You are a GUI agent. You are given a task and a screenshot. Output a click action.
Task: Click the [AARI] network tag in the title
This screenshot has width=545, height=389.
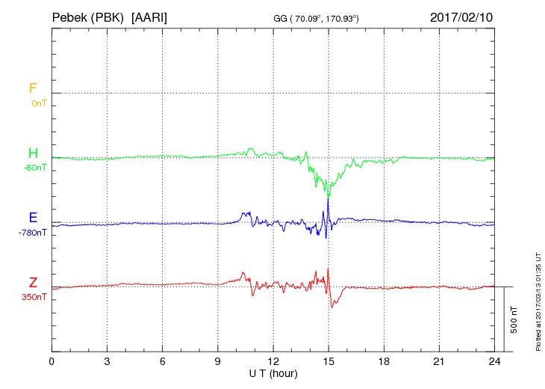[x=149, y=16]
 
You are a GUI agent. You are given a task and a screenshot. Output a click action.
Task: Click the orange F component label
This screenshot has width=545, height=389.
[x=33, y=88]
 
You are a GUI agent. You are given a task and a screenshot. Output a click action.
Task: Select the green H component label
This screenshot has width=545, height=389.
[x=33, y=153]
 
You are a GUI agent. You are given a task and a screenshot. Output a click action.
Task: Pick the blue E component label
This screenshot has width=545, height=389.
[x=33, y=218]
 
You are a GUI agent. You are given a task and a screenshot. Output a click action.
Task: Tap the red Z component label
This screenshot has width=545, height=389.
[x=33, y=282]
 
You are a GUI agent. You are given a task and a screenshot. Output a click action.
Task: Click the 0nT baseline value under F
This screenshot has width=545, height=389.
[x=38, y=103]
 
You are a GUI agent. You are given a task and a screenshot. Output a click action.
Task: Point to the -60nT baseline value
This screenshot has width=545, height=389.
[x=35, y=168]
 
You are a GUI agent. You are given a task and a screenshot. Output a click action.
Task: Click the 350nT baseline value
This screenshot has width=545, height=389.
[x=35, y=297]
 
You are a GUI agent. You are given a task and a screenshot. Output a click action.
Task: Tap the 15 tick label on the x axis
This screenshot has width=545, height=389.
[x=328, y=361]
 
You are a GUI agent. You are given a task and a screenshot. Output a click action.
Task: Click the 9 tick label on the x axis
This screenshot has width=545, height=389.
[x=218, y=361]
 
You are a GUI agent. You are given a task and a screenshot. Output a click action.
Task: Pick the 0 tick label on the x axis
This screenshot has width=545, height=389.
[x=52, y=361]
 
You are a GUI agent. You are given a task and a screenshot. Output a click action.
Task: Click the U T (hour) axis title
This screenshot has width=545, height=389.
[x=273, y=373]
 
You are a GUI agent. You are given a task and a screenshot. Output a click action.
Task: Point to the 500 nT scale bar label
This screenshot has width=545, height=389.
[x=514, y=319]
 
